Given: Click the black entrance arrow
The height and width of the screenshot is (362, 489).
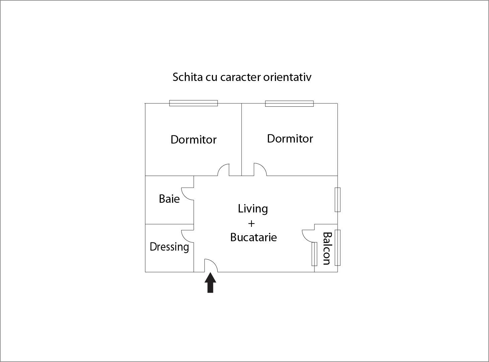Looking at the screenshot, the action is click(x=210, y=283).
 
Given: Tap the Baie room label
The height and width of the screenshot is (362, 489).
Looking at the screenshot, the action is click(x=169, y=199).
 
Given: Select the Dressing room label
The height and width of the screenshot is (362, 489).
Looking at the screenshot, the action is click(x=169, y=247).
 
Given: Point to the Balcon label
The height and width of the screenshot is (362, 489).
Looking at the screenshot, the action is click(x=327, y=248).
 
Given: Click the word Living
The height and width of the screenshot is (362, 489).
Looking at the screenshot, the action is click(x=253, y=209).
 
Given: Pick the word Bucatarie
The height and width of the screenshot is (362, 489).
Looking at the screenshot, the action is click(x=254, y=237).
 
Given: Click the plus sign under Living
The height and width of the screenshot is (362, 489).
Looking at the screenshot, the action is click(x=251, y=223).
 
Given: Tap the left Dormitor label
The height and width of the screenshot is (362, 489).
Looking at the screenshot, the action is click(x=194, y=140).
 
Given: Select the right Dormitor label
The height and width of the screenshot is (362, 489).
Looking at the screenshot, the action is click(x=290, y=139).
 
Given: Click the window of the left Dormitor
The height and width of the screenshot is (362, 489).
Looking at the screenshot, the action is click(x=193, y=103).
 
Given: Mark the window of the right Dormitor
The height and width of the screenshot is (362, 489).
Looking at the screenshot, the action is click(x=289, y=104).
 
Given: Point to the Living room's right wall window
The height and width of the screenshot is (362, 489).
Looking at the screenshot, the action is click(x=338, y=200).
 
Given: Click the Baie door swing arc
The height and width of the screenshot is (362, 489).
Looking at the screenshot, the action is click(x=188, y=194).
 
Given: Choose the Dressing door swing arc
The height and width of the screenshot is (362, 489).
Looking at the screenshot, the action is click(x=188, y=237).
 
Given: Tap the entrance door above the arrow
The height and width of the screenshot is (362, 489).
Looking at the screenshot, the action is click(x=211, y=266).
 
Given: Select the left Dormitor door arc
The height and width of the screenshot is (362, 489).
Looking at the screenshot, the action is click(x=223, y=170).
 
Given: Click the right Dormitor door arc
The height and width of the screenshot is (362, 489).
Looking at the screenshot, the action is click(x=260, y=169).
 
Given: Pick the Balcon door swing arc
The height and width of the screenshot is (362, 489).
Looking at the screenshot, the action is click(x=308, y=236).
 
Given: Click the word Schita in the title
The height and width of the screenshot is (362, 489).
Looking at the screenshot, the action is click(x=188, y=77).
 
